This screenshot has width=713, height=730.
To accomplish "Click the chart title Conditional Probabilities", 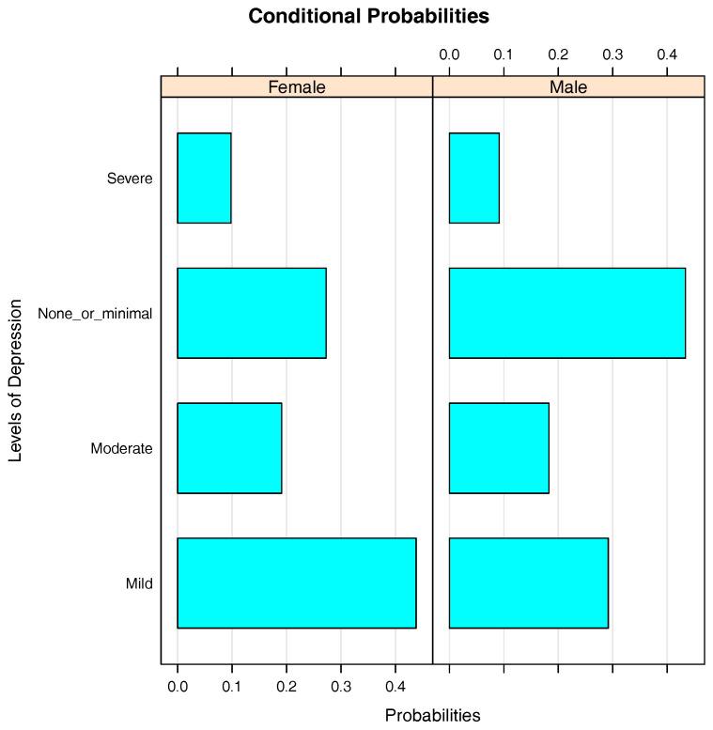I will (368, 17).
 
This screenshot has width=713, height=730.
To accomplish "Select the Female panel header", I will (297, 87).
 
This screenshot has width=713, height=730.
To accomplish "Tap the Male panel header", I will (568, 87).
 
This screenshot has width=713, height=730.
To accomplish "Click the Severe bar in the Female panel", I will (204, 178).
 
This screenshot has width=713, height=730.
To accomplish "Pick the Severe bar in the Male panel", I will (473, 178).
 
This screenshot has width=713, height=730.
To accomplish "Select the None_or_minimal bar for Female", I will (252, 313).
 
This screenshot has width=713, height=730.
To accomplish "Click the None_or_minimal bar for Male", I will (566, 313).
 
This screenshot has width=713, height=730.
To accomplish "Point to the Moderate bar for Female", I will (229, 448).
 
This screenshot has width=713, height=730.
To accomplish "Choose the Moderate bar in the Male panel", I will (499, 448).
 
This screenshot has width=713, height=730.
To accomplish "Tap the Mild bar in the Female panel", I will (296, 582).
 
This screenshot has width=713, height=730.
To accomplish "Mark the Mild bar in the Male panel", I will (528, 582).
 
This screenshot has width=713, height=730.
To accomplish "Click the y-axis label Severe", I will (130, 179).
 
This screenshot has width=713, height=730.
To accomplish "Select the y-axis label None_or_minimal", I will (95, 314).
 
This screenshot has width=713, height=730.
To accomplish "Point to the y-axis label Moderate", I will (121, 449).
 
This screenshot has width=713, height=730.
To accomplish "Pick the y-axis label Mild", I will (139, 584).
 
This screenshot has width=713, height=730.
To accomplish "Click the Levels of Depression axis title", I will (16, 381).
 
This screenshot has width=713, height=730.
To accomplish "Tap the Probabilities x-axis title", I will (432, 715).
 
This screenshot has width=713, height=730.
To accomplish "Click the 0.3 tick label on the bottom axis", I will (341, 686).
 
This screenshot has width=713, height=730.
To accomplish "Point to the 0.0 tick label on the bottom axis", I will (178, 686).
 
